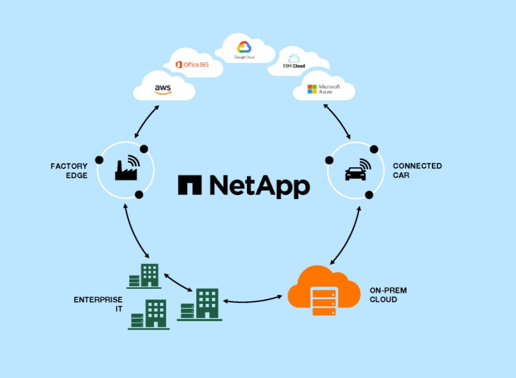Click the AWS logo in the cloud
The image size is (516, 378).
point(163,89)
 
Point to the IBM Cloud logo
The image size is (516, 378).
point(294,61)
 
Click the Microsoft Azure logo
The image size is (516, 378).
point(323,89)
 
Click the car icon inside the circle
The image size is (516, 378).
point(356,173)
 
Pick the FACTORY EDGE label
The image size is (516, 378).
point(69,170)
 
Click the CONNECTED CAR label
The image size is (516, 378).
point(417,170)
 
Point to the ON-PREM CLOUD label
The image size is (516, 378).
point(383,295)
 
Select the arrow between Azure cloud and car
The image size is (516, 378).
point(337,121)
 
